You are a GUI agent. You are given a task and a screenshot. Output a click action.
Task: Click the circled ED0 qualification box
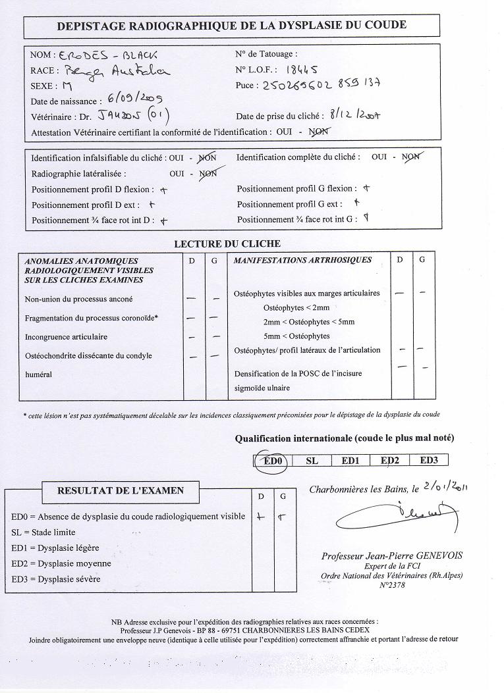point(272,461)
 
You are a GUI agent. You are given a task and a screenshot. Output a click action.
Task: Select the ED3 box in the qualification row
point(429,461)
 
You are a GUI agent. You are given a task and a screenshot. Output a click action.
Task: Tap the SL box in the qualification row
point(312,461)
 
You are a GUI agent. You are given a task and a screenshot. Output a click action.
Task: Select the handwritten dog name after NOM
point(108,56)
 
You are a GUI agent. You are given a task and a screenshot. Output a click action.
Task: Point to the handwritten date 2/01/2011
point(446,487)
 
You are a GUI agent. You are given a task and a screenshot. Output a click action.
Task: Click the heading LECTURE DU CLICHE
point(227,244)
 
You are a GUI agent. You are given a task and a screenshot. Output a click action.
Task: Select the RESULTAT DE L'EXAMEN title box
point(121,490)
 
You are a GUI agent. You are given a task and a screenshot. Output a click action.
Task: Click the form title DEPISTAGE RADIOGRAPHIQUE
point(231,26)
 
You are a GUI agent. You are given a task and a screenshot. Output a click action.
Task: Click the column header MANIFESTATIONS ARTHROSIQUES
point(302,260)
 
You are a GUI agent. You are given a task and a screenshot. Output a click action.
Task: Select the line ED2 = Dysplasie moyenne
point(61,563)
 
